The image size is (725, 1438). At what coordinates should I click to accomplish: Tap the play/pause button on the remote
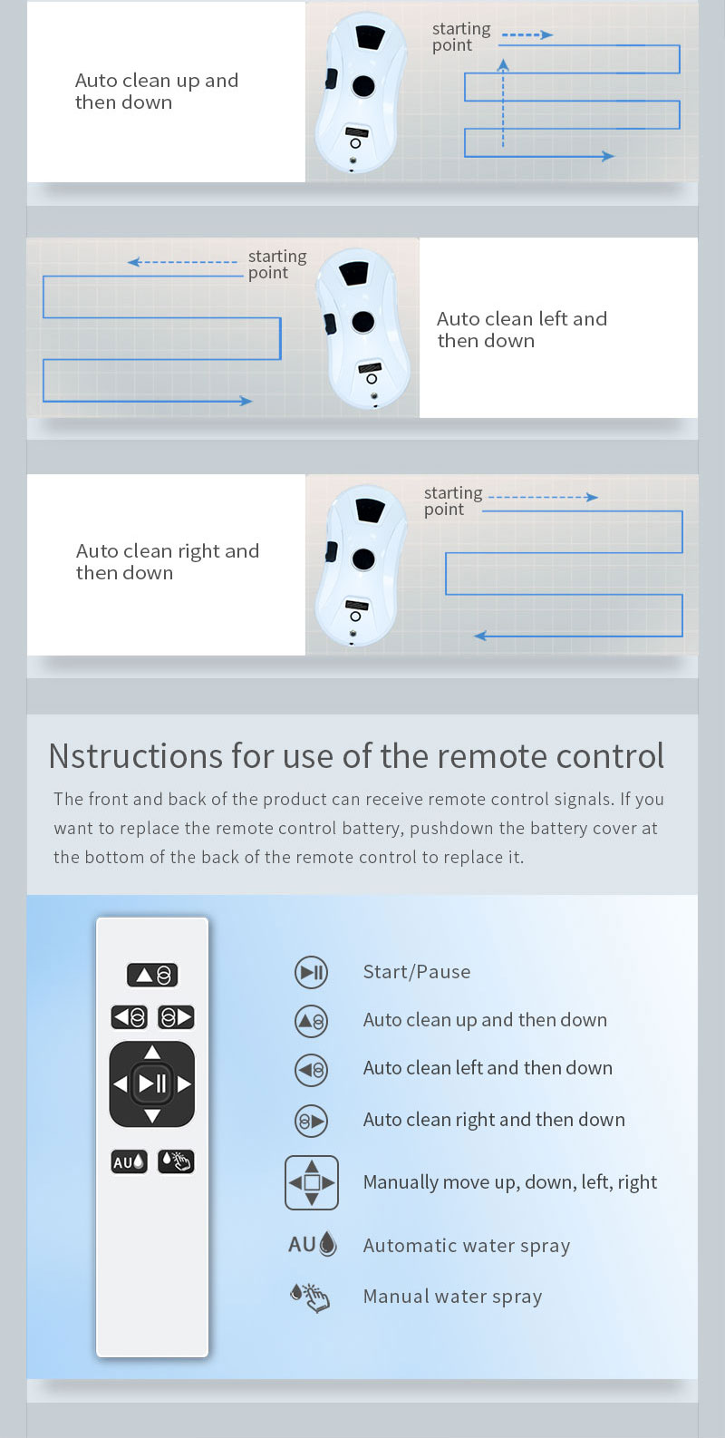(152, 1083)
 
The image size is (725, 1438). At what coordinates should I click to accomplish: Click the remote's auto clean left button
(129, 1017)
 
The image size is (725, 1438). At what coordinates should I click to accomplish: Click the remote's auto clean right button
(176, 1017)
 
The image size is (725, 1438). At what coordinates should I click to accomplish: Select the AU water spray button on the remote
(129, 1161)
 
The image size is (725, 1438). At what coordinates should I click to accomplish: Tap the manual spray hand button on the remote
(176, 1161)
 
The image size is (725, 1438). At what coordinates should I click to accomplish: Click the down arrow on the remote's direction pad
(152, 1116)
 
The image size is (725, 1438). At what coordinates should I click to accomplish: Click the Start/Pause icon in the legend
(311, 972)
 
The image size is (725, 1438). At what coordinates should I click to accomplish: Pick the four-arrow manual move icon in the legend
(312, 1182)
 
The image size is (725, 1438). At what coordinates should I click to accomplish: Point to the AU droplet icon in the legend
(313, 1244)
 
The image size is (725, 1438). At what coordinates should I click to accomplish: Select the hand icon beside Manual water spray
(310, 1297)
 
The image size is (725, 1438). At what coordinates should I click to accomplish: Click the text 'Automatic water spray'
(467, 1246)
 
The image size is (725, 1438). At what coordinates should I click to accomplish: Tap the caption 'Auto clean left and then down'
(522, 329)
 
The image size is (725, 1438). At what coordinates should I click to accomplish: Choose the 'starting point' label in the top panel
(461, 36)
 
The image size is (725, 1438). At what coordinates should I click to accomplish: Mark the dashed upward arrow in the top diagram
(503, 102)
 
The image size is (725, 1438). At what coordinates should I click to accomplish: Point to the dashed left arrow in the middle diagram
(182, 262)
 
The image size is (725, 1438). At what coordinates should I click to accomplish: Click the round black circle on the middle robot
(363, 322)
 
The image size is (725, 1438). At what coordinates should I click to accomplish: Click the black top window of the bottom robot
(370, 510)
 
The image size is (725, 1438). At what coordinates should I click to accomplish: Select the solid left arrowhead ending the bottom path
(480, 636)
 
